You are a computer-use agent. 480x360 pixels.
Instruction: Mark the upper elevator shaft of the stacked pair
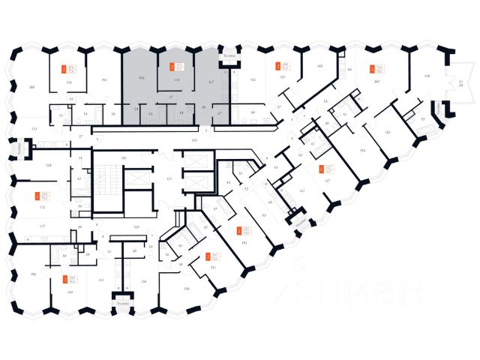pos(196,161)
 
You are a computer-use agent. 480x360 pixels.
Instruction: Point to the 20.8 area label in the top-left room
pos(31,86)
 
